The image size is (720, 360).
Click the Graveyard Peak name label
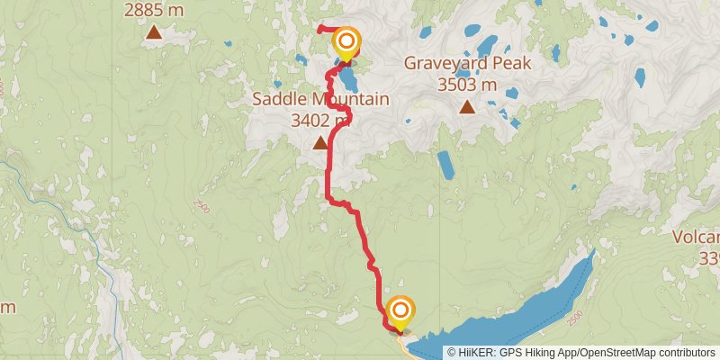coord(467,64)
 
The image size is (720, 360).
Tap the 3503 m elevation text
coord(467,85)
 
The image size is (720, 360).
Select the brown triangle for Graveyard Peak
coord(467,108)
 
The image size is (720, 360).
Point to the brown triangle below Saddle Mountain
coord(319,142)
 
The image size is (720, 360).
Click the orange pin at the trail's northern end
coord(346,43)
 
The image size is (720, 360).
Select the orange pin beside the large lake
coord(400,312)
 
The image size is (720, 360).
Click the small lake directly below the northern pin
coord(346,79)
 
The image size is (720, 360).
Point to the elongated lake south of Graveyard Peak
coord(445,164)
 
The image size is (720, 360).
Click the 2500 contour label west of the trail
coord(200,208)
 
